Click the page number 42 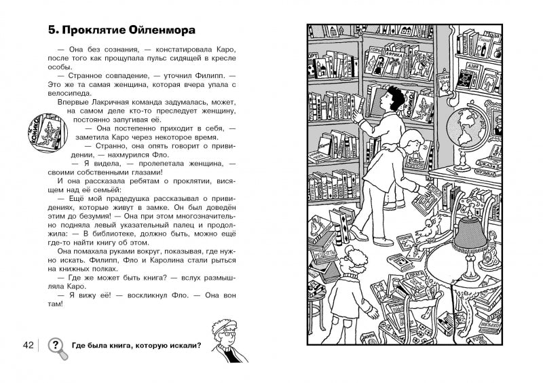pyautogui.click(x=28, y=346)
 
